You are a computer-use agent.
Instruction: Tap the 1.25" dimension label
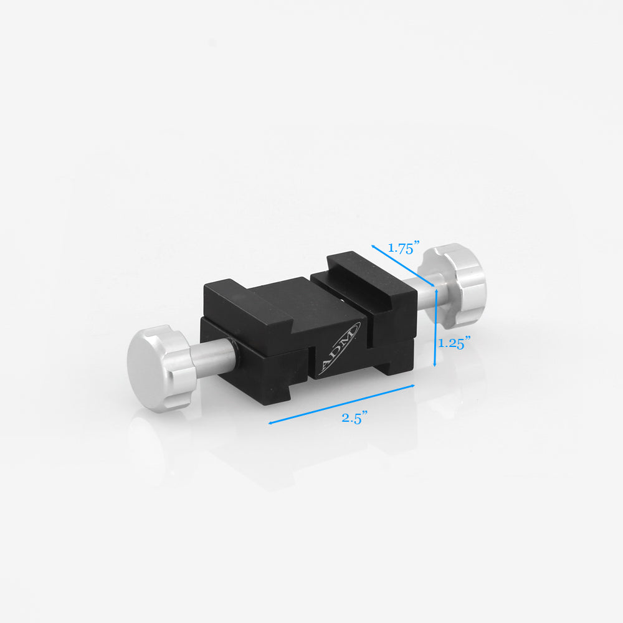coord(454,343)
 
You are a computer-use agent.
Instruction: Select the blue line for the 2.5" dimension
coord(341,405)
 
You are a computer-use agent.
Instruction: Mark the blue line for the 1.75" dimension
coord(402,265)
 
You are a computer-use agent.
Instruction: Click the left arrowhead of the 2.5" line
coord(272,422)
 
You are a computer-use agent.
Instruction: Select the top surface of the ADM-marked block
coord(274,299)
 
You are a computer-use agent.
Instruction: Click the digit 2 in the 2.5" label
coord(345,419)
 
